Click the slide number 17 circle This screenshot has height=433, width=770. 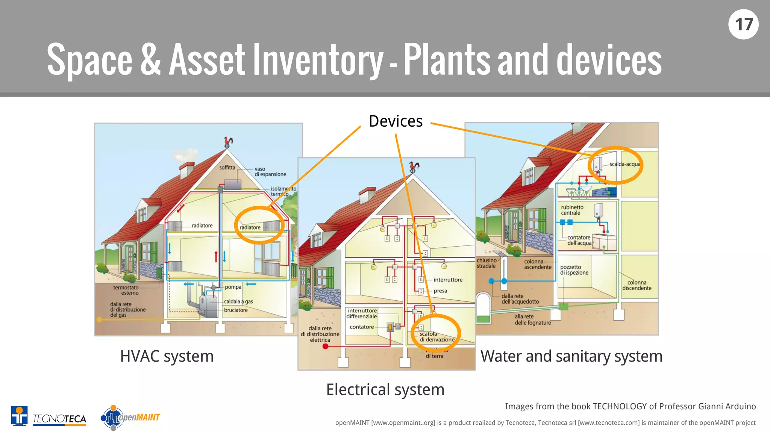[743, 24]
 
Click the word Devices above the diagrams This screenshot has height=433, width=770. [396, 121]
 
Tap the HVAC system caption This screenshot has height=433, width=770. [167, 356]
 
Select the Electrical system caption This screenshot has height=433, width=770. [385, 389]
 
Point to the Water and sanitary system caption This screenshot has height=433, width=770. [571, 356]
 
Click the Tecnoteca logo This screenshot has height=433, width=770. [49, 417]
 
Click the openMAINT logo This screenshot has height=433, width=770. [130, 417]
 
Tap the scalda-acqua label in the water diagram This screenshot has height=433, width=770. [624, 164]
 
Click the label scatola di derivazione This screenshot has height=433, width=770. [437, 337]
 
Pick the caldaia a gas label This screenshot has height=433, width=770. [238, 301]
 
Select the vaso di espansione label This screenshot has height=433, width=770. [270, 172]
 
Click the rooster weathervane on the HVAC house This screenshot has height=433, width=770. [228, 142]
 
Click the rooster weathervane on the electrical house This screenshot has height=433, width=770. [414, 167]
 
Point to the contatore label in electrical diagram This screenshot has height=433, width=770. [362, 327]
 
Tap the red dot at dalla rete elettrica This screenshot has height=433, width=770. [326, 346]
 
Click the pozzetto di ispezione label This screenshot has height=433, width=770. [574, 270]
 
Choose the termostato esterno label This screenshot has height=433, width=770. [126, 290]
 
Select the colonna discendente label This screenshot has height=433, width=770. [637, 285]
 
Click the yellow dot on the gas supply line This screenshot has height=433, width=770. [99, 320]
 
